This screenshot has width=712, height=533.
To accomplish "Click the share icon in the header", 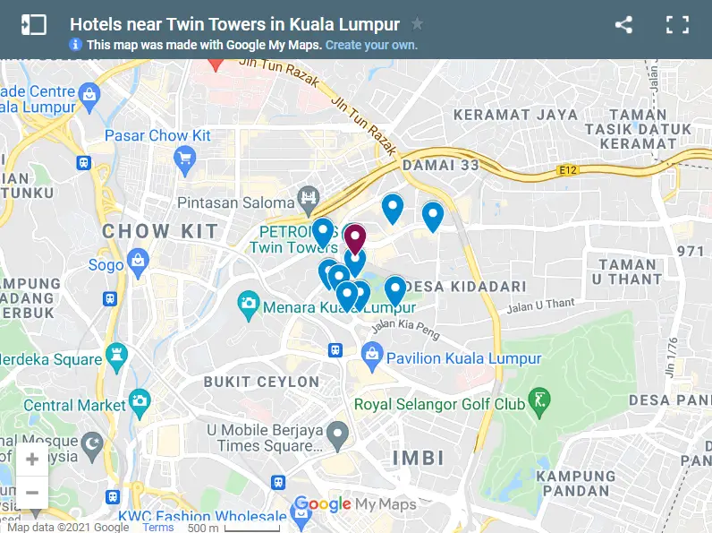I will [x=623, y=25].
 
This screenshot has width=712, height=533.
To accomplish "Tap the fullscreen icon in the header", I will [x=677, y=25].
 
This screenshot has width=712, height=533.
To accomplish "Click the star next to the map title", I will [x=417, y=24].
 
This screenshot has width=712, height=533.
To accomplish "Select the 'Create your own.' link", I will [x=371, y=45].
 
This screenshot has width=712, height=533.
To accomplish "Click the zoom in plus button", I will [x=32, y=460].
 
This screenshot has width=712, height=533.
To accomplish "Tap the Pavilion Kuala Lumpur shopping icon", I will [x=373, y=358].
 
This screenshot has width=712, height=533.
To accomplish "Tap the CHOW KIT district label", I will [x=160, y=231].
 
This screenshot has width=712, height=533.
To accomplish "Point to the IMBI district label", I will [x=419, y=459].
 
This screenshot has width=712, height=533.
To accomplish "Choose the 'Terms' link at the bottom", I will [x=158, y=528].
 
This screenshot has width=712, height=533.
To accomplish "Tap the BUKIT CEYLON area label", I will [x=261, y=382].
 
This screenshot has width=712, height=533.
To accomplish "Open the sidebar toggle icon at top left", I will [x=33, y=25].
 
